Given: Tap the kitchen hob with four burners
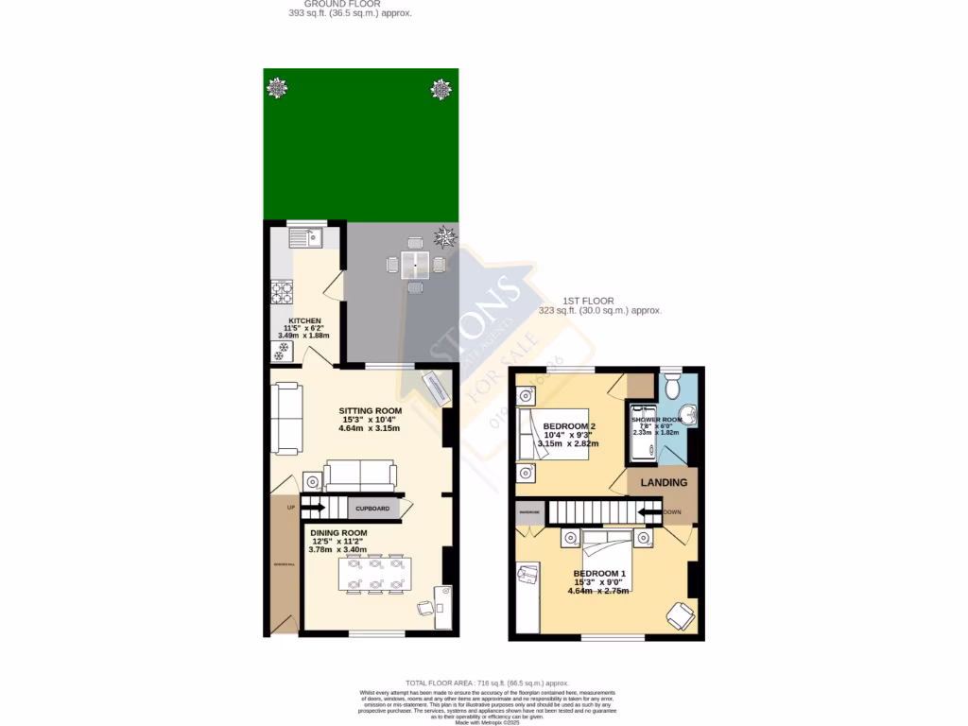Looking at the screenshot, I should (282, 292).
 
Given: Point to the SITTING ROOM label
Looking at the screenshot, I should (371, 410).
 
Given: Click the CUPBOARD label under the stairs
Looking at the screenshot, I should (372, 509).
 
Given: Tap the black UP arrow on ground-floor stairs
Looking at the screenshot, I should (314, 509).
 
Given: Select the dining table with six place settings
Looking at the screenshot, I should (375, 573).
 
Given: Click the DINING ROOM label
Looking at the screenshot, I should (338, 533).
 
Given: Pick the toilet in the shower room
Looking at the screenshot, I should (672, 385).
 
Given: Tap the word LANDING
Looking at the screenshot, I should (664, 482).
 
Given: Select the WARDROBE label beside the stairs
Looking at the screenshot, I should (528, 512).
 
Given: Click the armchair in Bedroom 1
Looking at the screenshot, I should (680, 615).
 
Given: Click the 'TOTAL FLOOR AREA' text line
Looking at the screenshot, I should (487, 683).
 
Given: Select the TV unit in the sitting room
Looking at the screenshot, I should (438, 387).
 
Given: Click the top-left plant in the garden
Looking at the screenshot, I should (276, 89).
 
